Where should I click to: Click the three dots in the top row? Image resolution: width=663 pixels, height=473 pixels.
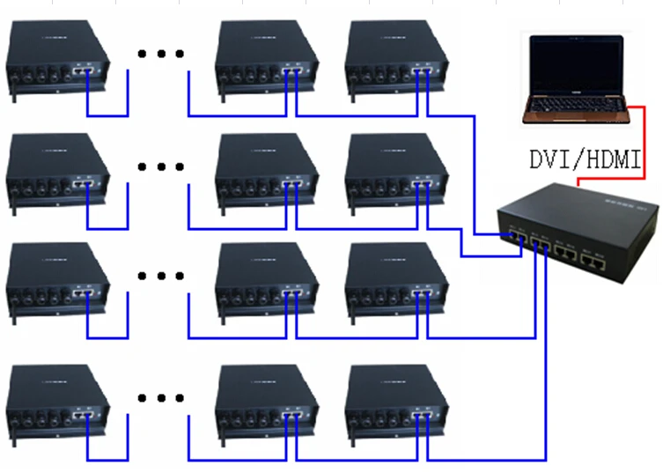[x=161, y=54]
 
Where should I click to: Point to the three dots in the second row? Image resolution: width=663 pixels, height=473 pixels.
[x=161, y=166]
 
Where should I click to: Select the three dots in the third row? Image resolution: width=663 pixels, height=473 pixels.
[x=161, y=276]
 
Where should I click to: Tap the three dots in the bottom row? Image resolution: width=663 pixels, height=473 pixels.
[x=161, y=397]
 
